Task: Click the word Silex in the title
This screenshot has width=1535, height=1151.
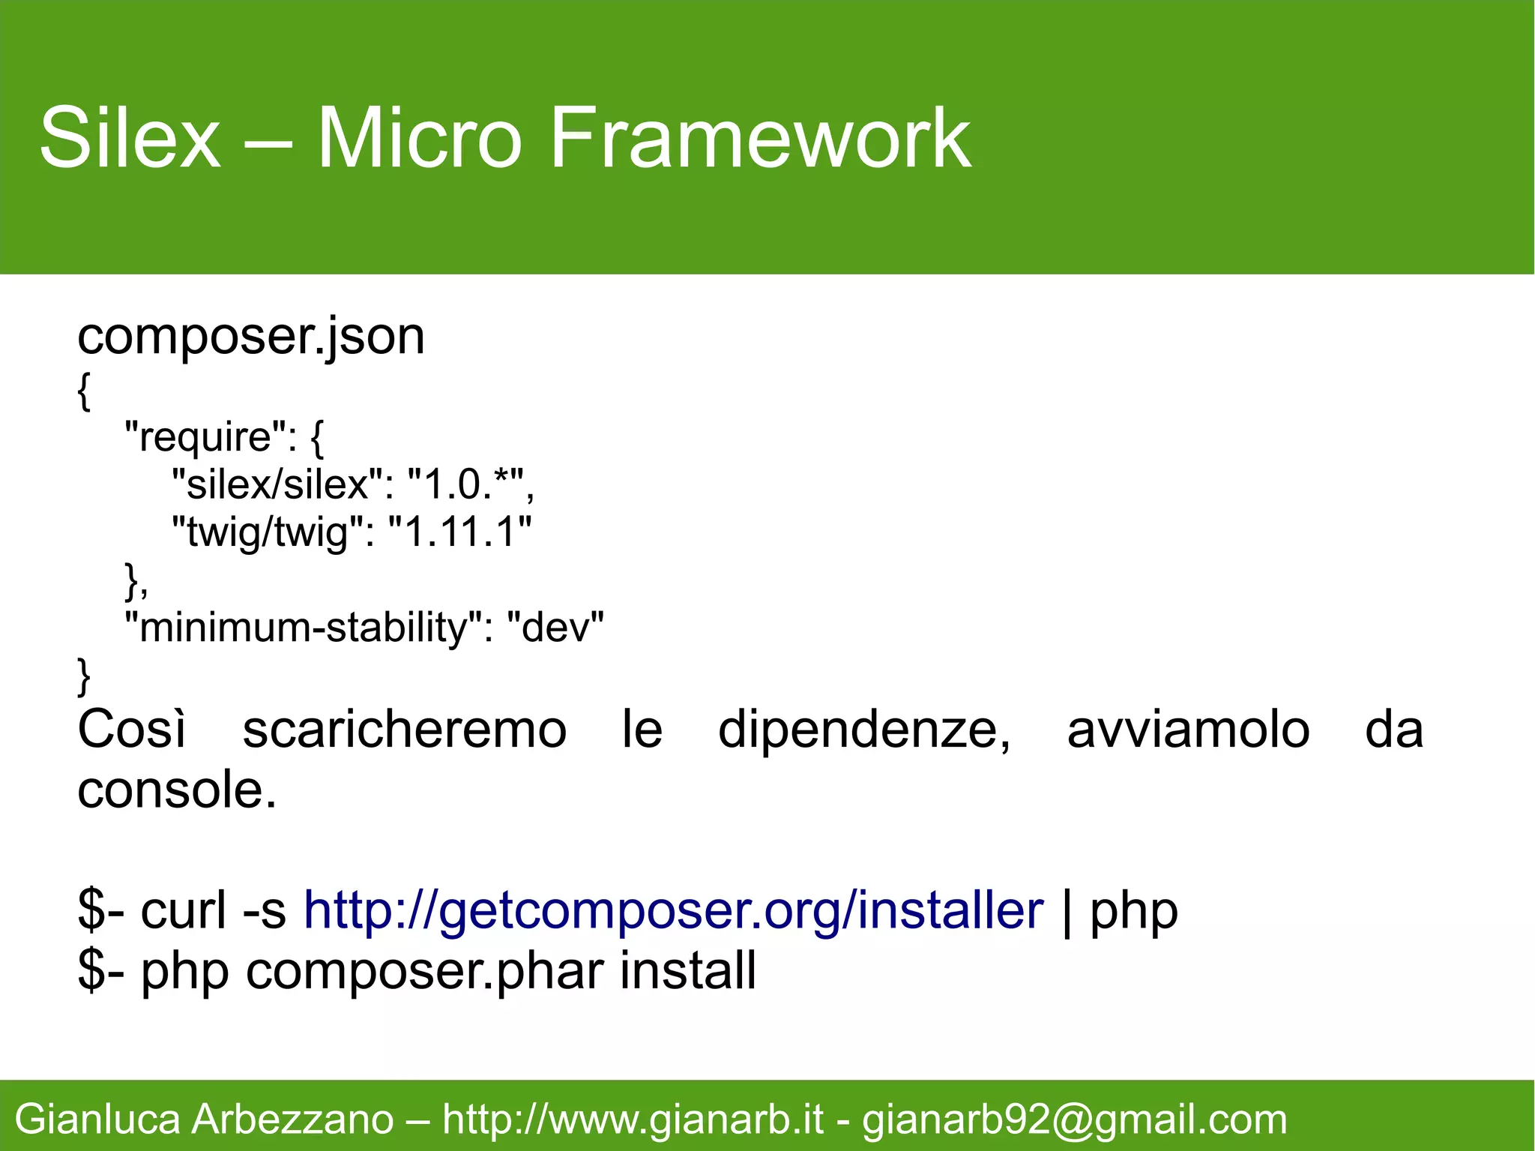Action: [x=130, y=138]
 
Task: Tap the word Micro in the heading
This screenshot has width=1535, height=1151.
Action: [x=419, y=138]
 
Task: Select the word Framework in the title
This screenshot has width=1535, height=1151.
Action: [x=760, y=138]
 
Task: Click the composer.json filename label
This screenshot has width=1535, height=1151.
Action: [x=251, y=337]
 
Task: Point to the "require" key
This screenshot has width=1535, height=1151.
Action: [x=206, y=436]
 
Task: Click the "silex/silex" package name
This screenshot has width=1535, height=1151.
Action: [x=277, y=484]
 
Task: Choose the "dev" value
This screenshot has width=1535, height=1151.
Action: [x=555, y=628]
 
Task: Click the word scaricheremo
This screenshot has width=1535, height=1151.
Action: [x=405, y=730]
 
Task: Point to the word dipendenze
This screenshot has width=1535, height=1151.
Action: [x=864, y=730]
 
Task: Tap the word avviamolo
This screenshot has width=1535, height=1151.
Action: [x=1188, y=730]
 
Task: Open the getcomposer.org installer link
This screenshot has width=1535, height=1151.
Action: [x=673, y=911]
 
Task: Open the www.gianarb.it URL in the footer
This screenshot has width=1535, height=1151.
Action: [x=633, y=1120]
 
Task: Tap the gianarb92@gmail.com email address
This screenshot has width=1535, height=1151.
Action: [x=1074, y=1120]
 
